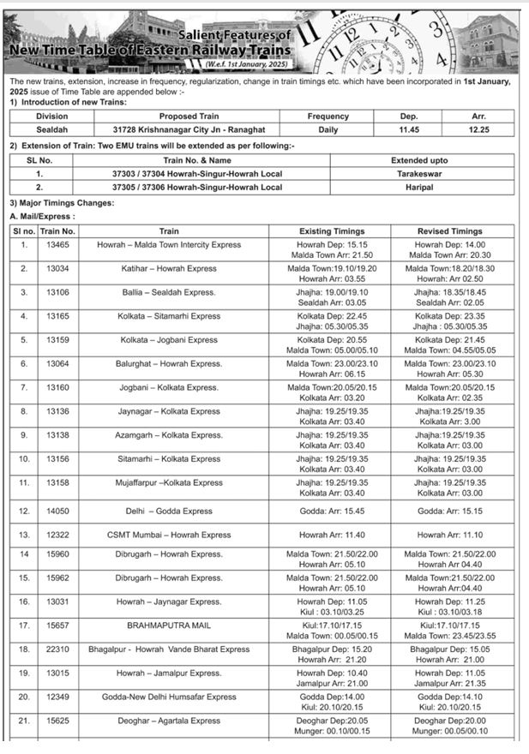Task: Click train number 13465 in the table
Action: [x=57, y=245]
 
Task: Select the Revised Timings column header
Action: [x=450, y=231]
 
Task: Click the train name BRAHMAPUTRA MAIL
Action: [x=168, y=626]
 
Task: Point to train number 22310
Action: [x=57, y=649]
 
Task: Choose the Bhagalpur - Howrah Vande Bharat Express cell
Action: [x=169, y=649]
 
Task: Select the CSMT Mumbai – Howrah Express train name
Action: [x=169, y=535]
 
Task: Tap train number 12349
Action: [x=57, y=697]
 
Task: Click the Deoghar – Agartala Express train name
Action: [x=169, y=721]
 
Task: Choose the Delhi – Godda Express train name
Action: [x=169, y=511]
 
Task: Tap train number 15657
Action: [x=57, y=626]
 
